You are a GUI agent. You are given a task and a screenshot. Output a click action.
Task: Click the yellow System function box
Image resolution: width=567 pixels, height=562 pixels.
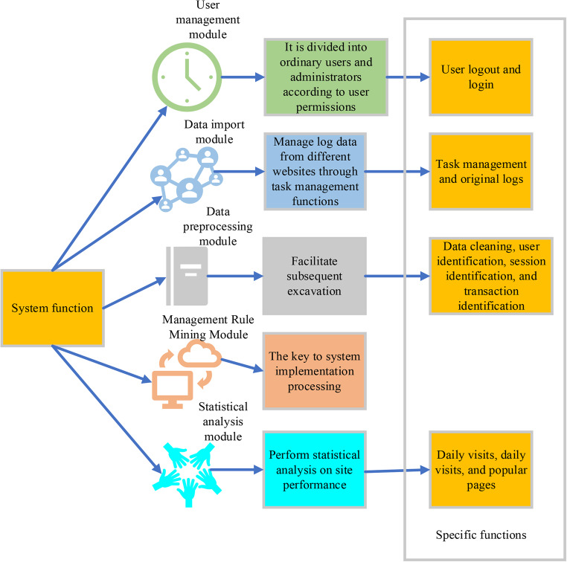tap(51, 308)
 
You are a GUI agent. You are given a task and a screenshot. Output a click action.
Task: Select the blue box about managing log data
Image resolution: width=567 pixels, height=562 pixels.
tap(316, 171)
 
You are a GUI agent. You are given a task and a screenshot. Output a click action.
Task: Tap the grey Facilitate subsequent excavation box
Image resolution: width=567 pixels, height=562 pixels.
tap(315, 276)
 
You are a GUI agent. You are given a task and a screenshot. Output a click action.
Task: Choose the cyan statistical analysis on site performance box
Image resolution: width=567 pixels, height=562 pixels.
tap(316, 469)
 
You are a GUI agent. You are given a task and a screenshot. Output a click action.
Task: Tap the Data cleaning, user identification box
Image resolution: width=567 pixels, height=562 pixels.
tap(490, 276)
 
